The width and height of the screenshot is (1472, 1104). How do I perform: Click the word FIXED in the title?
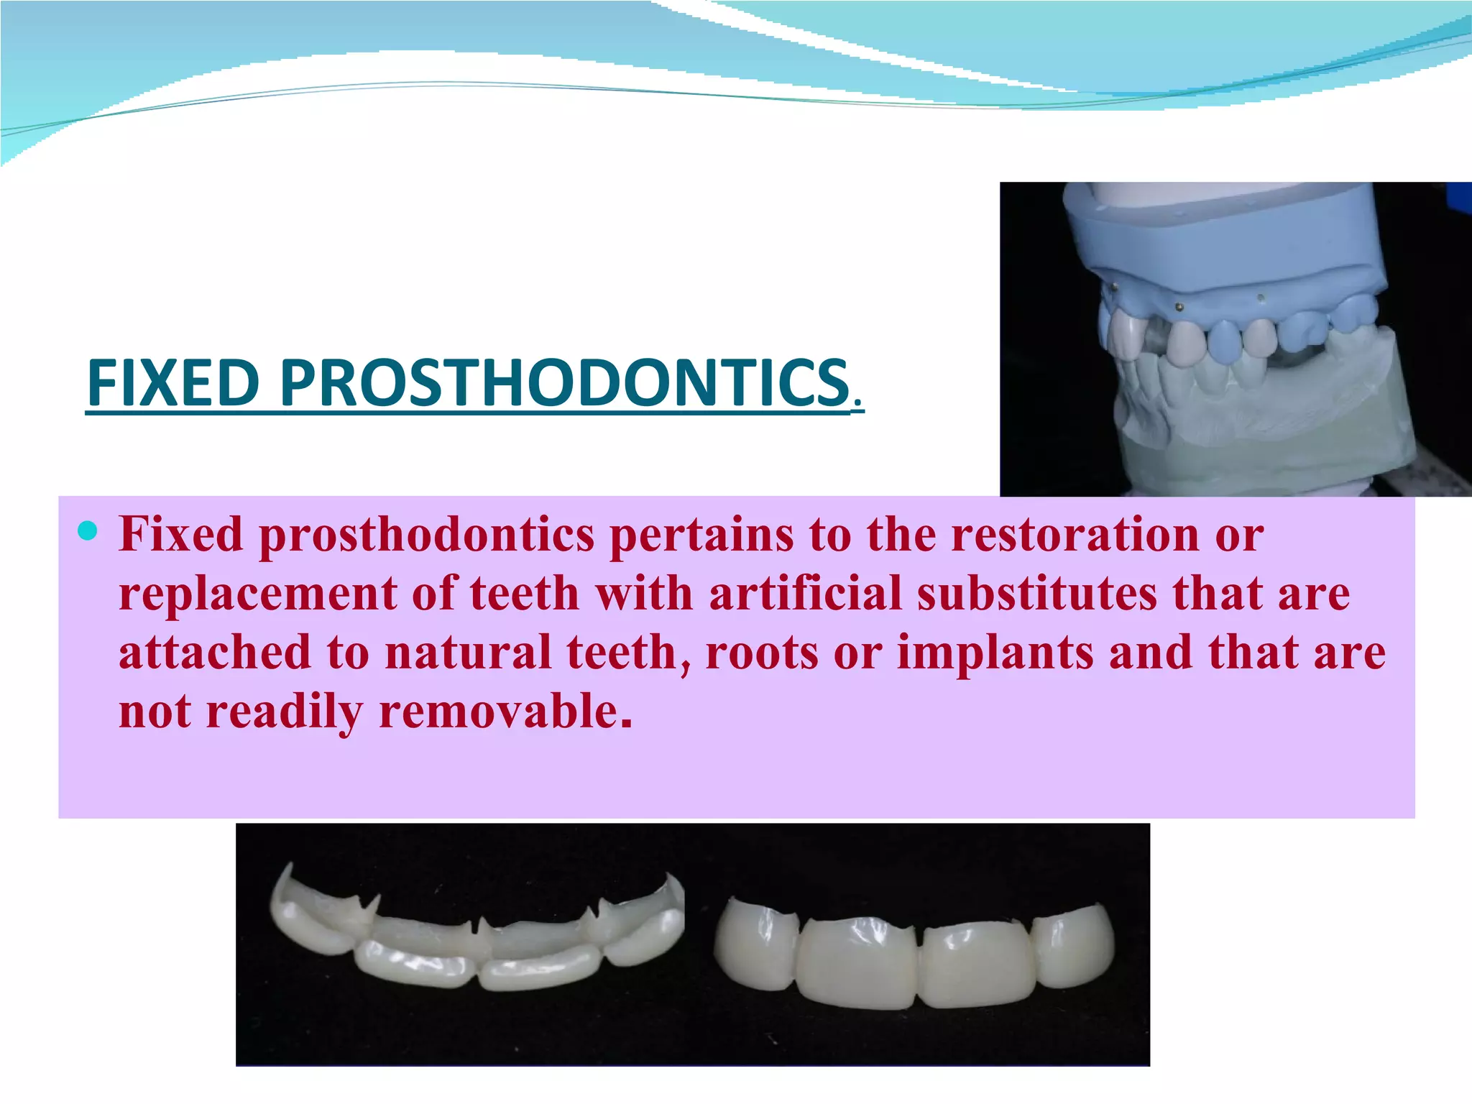172,383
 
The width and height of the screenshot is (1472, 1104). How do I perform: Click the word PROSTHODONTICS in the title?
565,383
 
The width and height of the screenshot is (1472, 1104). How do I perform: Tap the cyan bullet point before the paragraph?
87,531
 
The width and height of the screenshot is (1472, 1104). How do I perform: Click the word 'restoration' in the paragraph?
1075,535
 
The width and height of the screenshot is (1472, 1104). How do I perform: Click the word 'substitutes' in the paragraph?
1036,594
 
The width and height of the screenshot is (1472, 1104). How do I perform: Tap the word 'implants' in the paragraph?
995,653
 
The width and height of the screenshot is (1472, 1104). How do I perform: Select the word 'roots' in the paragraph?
762,653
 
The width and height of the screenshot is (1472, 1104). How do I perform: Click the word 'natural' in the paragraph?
468,653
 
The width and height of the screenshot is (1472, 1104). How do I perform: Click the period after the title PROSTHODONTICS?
856,404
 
